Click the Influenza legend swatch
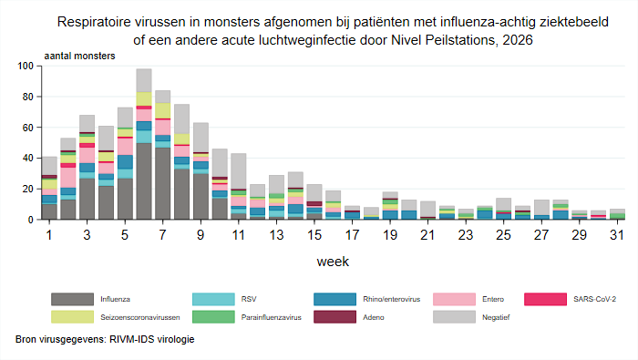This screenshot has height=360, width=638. click(72, 299)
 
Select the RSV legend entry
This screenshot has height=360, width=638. click(249, 299)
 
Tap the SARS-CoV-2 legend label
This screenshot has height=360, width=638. click(594, 299)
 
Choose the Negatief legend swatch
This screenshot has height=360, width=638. click(454, 317)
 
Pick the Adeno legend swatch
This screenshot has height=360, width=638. click(334, 317)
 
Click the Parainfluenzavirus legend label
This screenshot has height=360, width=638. click(271, 317)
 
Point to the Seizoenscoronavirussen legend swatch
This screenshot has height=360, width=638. click(72, 317)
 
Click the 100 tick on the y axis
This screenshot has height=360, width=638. click(26, 66)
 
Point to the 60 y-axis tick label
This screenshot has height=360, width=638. click(27, 128)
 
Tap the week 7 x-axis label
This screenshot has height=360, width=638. click(163, 235)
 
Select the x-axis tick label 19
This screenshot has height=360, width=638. click(390, 235)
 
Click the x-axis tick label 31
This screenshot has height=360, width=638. click(617, 235)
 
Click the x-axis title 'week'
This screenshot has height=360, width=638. click(333, 262)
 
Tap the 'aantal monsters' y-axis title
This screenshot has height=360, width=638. click(80, 56)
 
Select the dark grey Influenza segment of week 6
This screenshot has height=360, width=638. click(144, 181)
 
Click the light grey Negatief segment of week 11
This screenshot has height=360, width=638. click(239, 170)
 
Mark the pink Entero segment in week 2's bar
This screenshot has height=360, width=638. click(68, 178)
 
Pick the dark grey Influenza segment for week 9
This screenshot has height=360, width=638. click(201, 197)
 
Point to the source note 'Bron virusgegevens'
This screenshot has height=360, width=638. click(61, 339)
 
